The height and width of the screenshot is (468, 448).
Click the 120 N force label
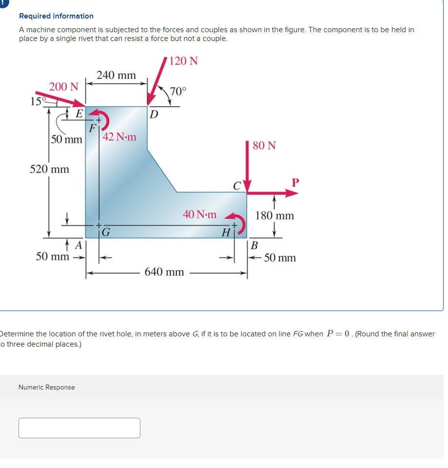point(183,61)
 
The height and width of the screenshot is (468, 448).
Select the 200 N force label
point(63,87)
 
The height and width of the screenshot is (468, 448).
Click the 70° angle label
point(177,91)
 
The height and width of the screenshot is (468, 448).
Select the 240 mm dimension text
point(116,75)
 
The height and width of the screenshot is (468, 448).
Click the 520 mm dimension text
point(49,169)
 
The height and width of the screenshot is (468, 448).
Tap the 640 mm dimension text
point(164,272)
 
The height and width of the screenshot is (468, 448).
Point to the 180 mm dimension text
point(275,215)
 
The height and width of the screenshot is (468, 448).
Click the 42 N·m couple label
point(120,137)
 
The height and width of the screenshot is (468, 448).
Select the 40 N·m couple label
point(199,214)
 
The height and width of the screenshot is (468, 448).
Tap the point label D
point(154,115)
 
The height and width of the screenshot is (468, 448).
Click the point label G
point(106,232)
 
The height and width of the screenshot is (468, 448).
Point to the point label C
point(236,186)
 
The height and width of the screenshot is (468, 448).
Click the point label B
point(254,245)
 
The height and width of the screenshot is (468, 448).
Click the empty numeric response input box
point(79,428)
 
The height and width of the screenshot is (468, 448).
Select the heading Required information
point(56,16)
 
